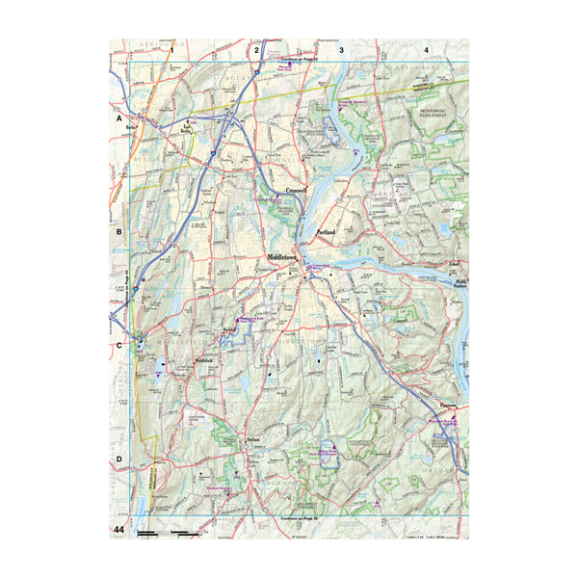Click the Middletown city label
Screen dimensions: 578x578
tap(285, 258)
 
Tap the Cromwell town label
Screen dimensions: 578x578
tap(290, 191)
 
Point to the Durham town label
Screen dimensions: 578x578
tap(254, 439)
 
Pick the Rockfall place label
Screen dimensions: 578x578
tap(227, 329)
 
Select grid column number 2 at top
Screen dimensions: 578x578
tap(256, 48)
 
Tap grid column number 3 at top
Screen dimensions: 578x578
tap(341, 48)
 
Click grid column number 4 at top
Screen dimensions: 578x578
tap(426, 48)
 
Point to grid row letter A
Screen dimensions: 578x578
tap(119, 118)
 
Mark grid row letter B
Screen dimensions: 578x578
tap(119, 232)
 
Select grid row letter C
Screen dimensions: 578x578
tap(119, 345)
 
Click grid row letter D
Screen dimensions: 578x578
tap(119, 459)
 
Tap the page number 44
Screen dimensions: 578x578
tap(119, 530)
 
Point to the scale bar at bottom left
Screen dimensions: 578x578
tap(169, 532)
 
